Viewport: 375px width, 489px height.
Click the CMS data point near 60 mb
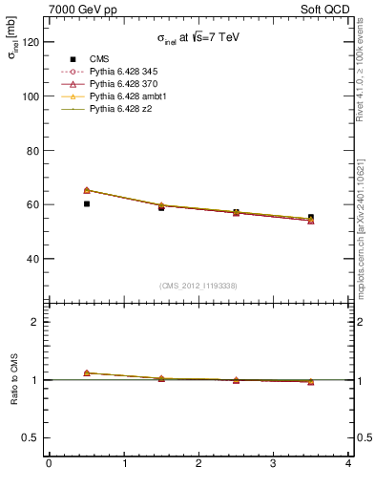[86, 203]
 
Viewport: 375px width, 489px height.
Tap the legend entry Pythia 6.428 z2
[121, 109]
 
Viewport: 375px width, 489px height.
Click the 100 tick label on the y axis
[31, 96]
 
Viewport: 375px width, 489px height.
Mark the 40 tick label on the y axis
[33, 259]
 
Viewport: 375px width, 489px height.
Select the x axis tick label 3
[274, 465]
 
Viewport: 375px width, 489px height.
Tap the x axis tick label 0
[49, 465]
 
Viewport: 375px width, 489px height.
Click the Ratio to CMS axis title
[15, 379]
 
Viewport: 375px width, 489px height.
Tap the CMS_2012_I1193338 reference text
[198, 286]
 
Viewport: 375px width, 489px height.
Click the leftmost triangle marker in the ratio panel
[86, 372]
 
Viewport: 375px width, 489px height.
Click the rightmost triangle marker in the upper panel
[311, 220]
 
